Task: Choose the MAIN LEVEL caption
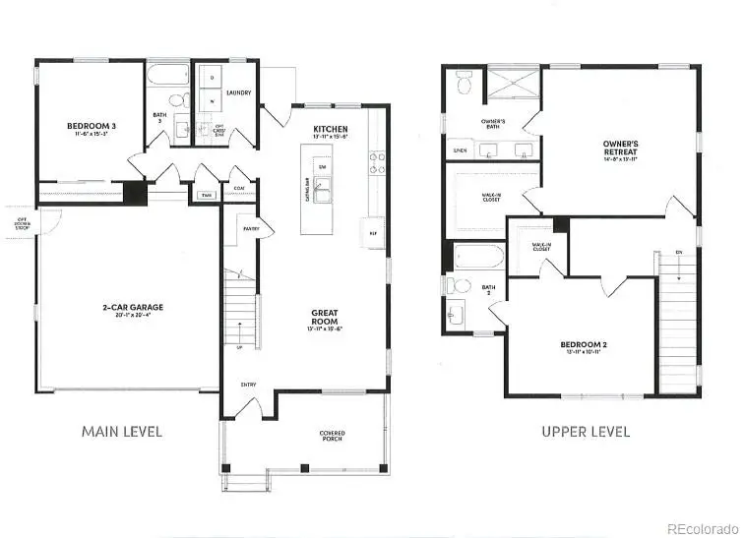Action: click(x=123, y=431)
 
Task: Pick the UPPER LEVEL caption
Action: click(x=586, y=431)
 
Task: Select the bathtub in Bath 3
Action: click(x=170, y=77)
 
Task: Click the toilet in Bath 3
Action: click(x=177, y=99)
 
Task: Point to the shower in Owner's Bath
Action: click(x=511, y=83)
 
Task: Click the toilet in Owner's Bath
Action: click(x=465, y=86)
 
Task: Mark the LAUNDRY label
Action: click(x=238, y=93)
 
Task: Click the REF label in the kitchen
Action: click(x=373, y=233)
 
